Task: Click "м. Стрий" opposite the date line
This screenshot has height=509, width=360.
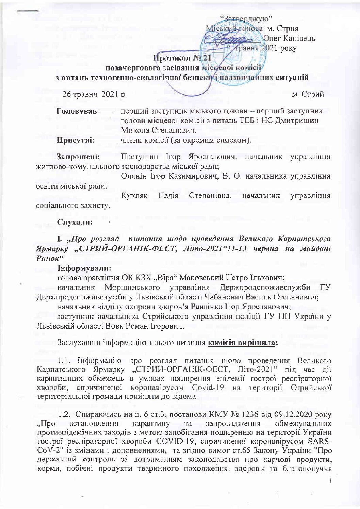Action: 308,94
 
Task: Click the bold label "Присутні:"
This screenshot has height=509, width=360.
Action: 76,139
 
